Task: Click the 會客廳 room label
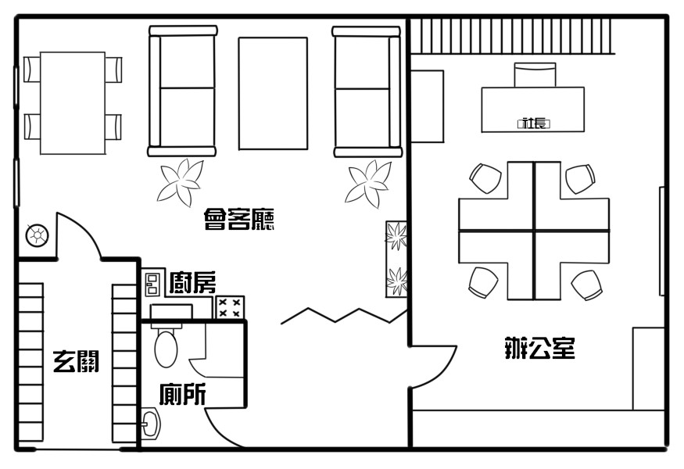click(x=239, y=219)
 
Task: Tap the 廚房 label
click(x=192, y=282)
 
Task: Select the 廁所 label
click(x=182, y=394)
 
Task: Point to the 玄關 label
click(x=77, y=361)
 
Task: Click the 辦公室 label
click(x=539, y=348)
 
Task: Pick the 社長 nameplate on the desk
click(x=533, y=124)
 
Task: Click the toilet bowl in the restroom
click(x=166, y=348)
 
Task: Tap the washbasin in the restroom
click(x=151, y=423)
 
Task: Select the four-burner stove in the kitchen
click(x=230, y=307)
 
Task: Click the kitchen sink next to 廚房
click(x=152, y=284)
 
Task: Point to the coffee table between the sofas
click(x=273, y=93)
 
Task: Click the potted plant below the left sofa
click(x=181, y=182)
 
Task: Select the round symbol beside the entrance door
click(x=37, y=236)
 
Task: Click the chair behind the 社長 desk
click(x=535, y=75)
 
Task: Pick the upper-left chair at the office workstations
click(x=485, y=178)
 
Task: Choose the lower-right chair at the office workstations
click(x=587, y=285)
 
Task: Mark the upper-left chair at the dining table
click(x=32, y=69)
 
